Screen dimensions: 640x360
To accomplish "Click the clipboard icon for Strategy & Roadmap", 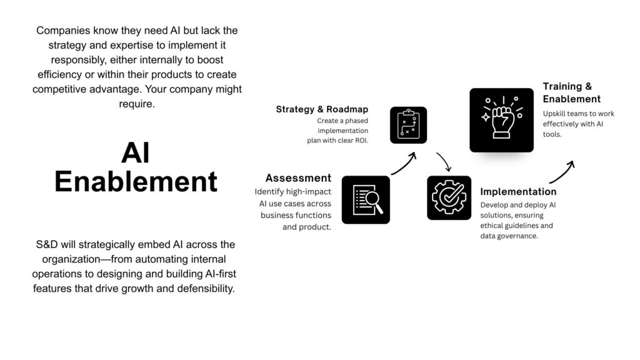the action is [x=408, y=125].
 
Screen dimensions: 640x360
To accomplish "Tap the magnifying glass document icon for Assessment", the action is [x=366, y=200].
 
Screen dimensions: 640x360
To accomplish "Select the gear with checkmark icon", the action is [x=449, y=198].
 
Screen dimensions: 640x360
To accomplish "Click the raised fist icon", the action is [x=502, y=120].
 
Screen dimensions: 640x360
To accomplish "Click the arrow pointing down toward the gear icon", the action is [x=445, y=162].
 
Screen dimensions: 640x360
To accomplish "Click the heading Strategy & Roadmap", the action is [x=322, y=109].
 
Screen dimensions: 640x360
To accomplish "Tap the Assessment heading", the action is [x=298, y=178].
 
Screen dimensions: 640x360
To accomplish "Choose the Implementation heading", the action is [x=518, y=192].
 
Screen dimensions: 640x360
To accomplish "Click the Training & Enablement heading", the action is [x=571, y=92].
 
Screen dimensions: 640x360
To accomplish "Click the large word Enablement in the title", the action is [x=136, y=182].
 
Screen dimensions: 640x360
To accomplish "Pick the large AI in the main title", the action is [x=136, y=153].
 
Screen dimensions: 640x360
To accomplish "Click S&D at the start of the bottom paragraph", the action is [x=47, y=244].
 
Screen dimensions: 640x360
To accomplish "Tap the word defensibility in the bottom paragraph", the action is [x=206, y=289].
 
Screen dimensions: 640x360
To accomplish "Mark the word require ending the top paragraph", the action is [x=137, y=104].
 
